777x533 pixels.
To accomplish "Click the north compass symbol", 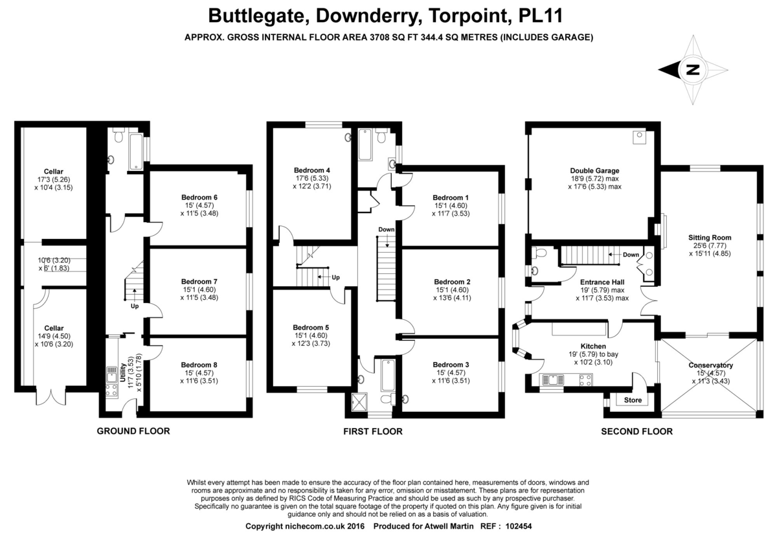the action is point(693,70).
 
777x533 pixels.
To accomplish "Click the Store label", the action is point(633,400).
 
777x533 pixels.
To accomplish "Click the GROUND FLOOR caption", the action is point(133,431).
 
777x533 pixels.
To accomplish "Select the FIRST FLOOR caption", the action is point(373,431).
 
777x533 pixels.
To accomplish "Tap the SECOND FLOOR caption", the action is point(636,431).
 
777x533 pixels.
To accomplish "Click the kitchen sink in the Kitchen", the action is point(553,379).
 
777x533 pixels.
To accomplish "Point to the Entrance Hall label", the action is point(600,282).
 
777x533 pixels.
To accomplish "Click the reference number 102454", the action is point(515,527).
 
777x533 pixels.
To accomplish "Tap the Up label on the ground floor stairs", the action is point(134,306).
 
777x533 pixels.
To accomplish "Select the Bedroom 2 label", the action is point(452,282).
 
